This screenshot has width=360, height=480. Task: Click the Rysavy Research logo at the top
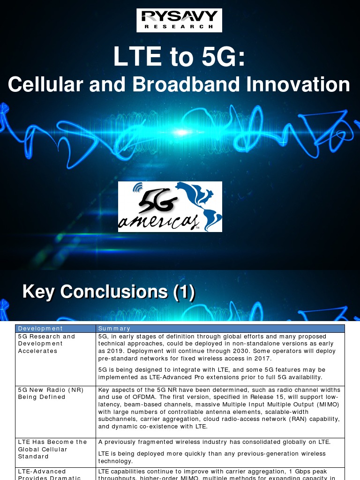(179, 20)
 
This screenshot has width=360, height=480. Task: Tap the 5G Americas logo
(170, 207)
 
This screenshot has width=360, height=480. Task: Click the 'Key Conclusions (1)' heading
(109, 292)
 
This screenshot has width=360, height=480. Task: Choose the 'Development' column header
(40, 329)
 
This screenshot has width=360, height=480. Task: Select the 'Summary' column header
(114, 329)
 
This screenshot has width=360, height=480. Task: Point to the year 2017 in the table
(263, 359)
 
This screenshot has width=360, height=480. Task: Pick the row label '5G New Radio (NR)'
(51, 390)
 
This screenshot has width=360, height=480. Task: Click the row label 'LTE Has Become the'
(52, 442)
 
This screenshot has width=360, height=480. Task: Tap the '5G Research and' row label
(46, 336)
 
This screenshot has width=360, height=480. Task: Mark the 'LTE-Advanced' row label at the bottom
(42, 472)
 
